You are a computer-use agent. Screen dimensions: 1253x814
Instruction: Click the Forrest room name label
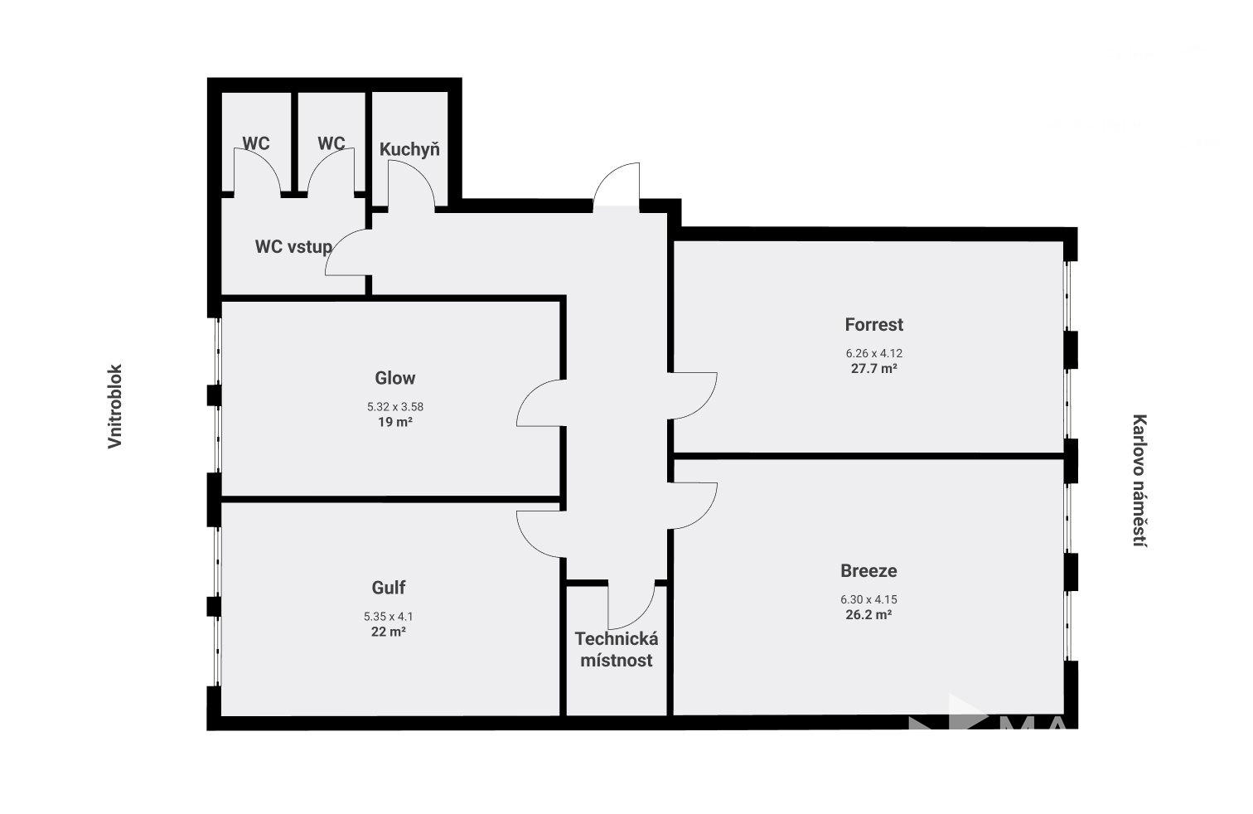coord(873,324)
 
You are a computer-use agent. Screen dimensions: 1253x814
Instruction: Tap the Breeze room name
coord(868,570)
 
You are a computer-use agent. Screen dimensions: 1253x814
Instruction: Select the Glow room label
coord(395,378)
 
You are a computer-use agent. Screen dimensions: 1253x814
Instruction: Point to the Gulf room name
coord(389,588)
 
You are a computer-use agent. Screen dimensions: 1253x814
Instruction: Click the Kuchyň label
coord(409,149)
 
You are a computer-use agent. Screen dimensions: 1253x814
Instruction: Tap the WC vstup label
coord(293,247)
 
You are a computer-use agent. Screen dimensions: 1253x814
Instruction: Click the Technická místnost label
coord(617,650)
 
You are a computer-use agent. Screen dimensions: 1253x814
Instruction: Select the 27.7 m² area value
coord(874,369)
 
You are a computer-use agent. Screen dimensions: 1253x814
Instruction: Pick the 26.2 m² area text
coord(868,615)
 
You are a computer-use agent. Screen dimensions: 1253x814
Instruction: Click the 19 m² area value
coord(395,423)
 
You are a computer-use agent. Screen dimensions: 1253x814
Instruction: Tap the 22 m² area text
coord(389,632)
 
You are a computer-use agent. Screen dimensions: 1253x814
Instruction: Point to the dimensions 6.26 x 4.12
coord(874,354)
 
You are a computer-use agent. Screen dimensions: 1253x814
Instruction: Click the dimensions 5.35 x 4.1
coord(389,617)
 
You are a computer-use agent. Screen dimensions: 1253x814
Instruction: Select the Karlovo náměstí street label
coord(1139,481)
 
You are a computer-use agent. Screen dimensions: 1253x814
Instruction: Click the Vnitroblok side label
coord(114,407)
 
